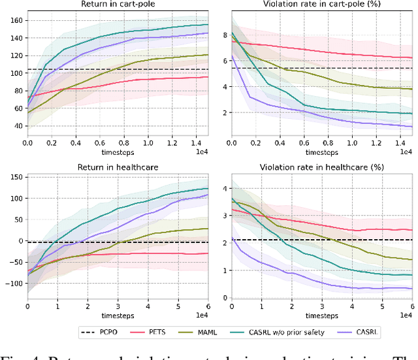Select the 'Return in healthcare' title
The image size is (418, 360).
[118, 168]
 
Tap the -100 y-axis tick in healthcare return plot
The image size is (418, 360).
[12, 284]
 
